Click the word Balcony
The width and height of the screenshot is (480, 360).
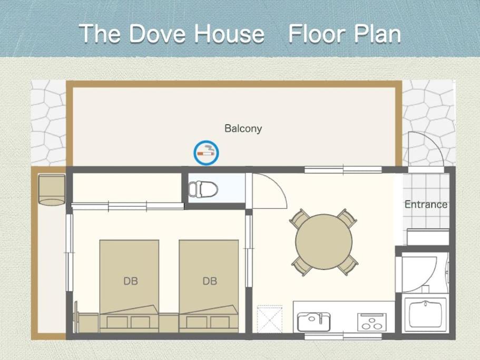pos(243,129)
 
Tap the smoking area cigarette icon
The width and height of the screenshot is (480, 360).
pos(206,153)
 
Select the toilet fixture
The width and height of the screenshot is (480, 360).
pos(203,189)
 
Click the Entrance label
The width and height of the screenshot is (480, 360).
pos(426,204)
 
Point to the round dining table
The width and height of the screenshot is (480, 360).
pos(324,241)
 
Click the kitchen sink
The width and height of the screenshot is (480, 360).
pos(314,322)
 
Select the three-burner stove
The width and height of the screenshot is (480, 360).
pos(371,322)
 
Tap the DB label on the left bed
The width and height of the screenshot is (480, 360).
pos(131,281)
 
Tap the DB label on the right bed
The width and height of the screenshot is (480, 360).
pos(210,281)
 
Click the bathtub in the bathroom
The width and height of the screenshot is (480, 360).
pos(426,315)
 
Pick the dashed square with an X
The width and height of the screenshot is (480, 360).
pos(269,319)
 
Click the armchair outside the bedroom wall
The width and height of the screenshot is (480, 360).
pos(52,190)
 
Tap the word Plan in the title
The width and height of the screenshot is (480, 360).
pos(377,34)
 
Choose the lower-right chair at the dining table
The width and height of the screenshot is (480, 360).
pos(348,265)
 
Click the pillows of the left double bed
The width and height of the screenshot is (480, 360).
pos(129,321)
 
